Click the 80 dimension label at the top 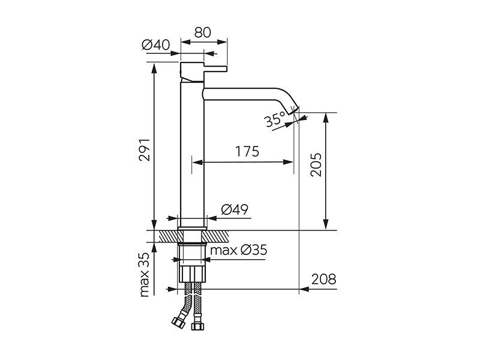click(x=203, y=32)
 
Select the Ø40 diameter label click(x=156, y=45)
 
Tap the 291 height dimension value click(x=145, y=149)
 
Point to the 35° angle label click(x=275, y=119)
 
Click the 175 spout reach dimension click(x=247, y=151)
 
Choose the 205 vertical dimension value click(x=316, y=164)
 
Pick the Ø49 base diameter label click(x=235, y=209)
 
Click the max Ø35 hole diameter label click(x=238, y=250)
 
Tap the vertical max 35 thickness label click(x=144, y=274)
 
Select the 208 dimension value click(x=323, y=279)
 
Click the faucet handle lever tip click(x=226, y=69)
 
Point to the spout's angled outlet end click(x=293, y=110)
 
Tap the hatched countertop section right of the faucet click(x=215, y=236)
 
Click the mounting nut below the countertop click(x=192, y=274)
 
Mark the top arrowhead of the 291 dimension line click(x=154, y=68)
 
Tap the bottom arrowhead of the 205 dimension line click(x=326, y=224)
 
